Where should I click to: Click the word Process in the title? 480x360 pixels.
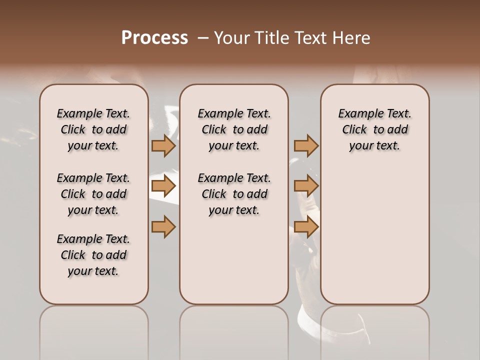(x=154, y=38)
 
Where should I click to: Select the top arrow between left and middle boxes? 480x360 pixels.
(x=163, y=145)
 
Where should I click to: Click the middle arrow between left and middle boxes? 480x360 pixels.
(x=163, y=186)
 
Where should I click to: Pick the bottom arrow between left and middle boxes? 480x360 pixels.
(x=163, y=226)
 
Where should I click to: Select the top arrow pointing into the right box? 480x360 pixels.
(x=306, y=145)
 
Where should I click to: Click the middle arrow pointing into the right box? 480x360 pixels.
(x=306, y=186)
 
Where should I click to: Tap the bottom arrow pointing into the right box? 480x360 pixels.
(x=306, y=226)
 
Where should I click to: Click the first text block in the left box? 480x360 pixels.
(x=93, y=129)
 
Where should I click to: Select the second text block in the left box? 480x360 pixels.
(x=93, y=194)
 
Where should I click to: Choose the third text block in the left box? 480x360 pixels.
(x=93, y=255)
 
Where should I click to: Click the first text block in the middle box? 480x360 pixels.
(x=234, y=129)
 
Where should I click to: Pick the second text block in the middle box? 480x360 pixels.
(x=234, y=194)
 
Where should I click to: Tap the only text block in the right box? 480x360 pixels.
(x=374, y=129)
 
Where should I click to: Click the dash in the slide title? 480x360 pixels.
(x=202, y=38)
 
